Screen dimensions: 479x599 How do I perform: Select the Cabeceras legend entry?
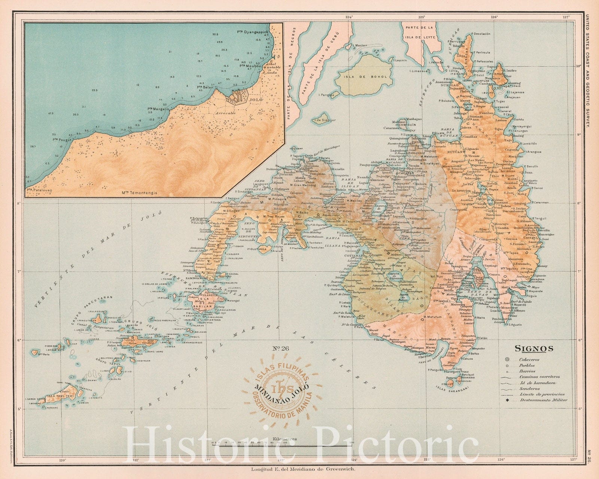coord(529,359)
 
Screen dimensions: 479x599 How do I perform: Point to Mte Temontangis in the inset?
coord(140,193)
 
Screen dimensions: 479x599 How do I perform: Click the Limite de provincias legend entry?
coord(541,394)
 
